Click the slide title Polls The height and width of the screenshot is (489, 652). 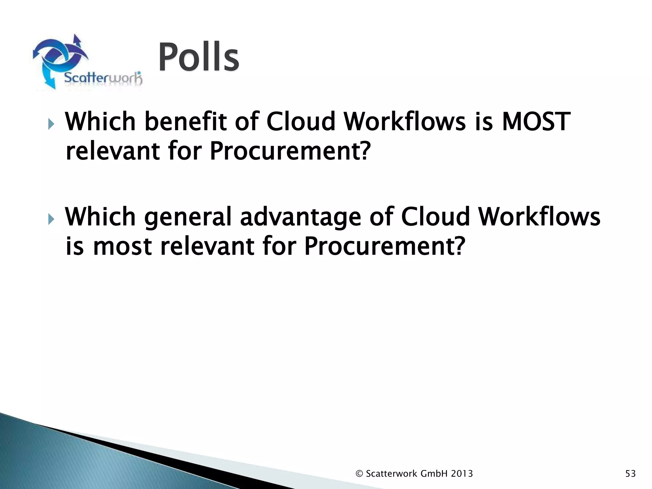[x=198, y=58]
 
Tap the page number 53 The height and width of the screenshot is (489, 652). [x=630, y=474]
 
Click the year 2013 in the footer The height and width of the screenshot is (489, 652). [x=462, y=474]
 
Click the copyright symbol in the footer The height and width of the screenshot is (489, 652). [x=359, y=474]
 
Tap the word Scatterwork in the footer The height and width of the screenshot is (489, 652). [x=392, y=474]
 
